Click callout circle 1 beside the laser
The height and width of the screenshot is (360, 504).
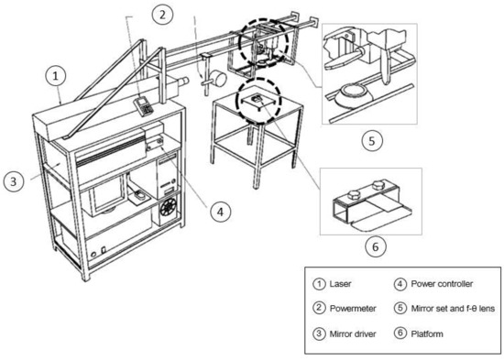click(x=56, y=77)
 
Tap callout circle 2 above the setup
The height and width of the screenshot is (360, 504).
click(x=162, y=15)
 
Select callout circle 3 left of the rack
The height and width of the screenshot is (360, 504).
click(x=14, y=181)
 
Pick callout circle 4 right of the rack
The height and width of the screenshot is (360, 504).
click(x=220, y=212)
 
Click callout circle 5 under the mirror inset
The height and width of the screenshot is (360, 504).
click(x=372, y=141)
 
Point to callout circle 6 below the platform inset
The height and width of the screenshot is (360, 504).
click(x=376, y=246)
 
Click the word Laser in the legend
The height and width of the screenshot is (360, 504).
click(x=340, y=284)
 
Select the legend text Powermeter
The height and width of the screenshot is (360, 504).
click(x=353, y=309)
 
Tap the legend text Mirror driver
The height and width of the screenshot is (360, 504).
click(x=353, y=334)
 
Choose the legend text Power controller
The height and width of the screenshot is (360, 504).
click(x=442, y=284)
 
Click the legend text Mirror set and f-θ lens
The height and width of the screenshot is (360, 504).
click(x=453, y=309)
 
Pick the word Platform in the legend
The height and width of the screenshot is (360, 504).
click(x=427, y=334)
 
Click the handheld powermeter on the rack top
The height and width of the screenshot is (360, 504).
click(x=144, y=105)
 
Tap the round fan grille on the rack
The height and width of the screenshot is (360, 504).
click(x=169, y=207)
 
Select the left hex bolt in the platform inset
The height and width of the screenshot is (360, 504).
click(x=353, y=195)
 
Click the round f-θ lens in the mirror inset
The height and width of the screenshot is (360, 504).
click(x=353, y=93)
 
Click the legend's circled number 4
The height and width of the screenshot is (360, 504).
click(x=400, y=284)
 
